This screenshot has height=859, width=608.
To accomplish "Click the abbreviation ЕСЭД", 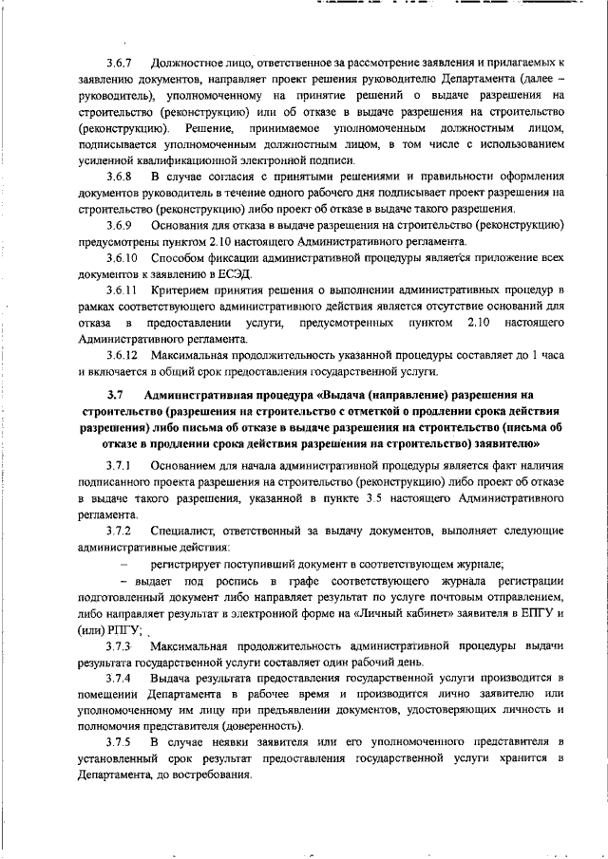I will click(241, 271).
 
